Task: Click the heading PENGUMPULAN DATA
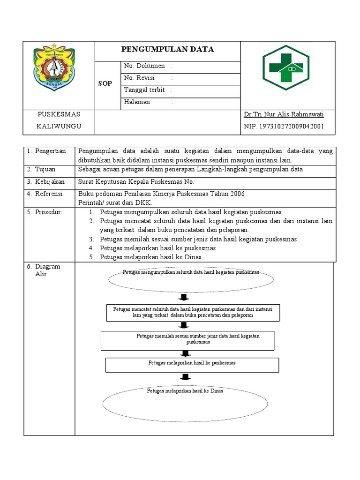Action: click(167, 49)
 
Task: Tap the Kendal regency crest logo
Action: click(54, 67)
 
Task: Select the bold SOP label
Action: click(105, 83)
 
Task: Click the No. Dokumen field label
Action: click(144, 66)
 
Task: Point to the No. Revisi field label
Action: click(139, 78)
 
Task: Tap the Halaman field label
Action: click(137, 102)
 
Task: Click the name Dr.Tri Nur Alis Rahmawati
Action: click(284, 114)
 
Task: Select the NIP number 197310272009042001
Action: click(284, 127)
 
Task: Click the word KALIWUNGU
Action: click(59, 127)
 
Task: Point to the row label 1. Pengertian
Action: click(46, 151)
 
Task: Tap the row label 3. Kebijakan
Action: click(46, 182)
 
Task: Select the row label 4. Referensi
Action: click(46, 194)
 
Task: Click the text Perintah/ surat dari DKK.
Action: click(115, 202)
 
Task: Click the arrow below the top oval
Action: click(184, 298)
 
